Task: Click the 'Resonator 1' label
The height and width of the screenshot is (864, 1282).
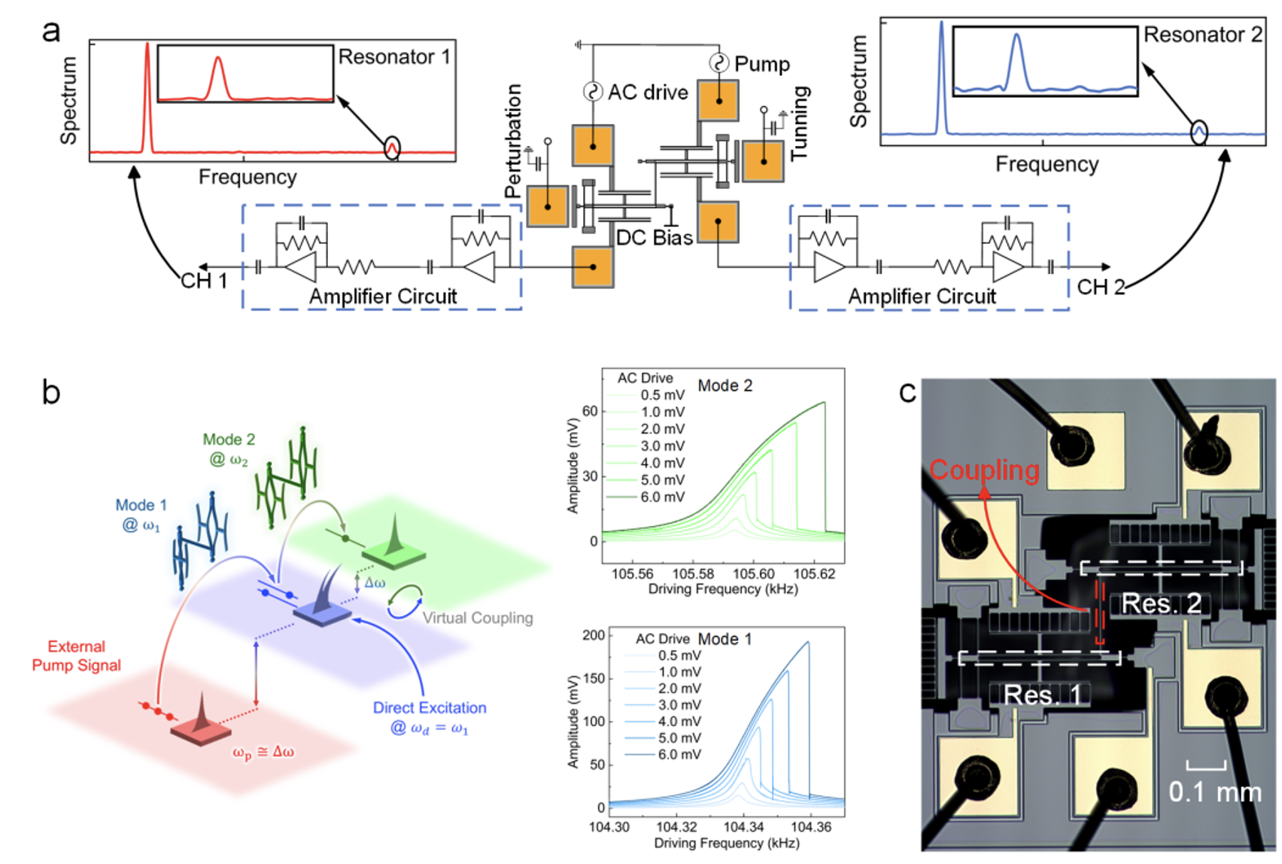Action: point(393,57)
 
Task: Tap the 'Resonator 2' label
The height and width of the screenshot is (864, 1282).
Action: point(1202,35)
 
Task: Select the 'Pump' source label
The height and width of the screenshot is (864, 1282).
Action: point(761,65)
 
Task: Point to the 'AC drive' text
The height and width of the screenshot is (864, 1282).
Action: point(647,93)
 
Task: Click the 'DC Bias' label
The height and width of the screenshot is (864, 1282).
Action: point(654,238)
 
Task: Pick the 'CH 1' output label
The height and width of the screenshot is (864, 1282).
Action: point(204,281)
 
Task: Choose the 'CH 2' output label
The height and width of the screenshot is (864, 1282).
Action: point(1101,287)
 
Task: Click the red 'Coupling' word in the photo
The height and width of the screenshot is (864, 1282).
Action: point(984,470)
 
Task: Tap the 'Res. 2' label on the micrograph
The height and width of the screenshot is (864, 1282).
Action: point(1161,604)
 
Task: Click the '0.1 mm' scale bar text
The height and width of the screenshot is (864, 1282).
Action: point(1214,792)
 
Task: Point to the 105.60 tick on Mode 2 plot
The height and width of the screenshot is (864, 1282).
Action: point(754,573)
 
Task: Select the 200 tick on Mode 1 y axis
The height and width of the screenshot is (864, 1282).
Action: point(594,635)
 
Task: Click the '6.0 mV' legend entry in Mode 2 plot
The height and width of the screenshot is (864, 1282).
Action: point(662,497)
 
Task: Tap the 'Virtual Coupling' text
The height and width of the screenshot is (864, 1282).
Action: point(478,618)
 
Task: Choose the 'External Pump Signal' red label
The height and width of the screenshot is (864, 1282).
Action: point(76,656)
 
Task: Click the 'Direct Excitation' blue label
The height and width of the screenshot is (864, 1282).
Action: point(430,707)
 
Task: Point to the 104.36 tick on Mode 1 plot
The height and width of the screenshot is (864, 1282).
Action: point(811,826)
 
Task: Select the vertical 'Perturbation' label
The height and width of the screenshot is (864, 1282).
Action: point(514,141)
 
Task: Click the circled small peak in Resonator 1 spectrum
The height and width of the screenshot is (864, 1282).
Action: point(392,148)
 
